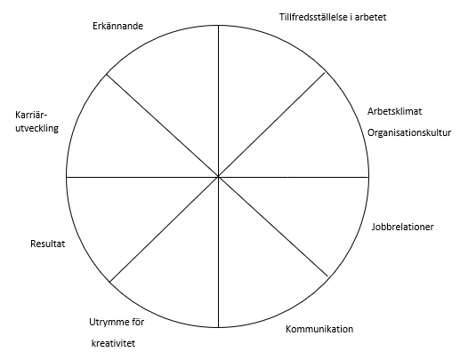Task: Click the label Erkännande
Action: [118, 27]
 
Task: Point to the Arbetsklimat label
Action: [394, 111]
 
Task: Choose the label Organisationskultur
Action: [409, 132]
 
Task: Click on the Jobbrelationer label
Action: [403, 227]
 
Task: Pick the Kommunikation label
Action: [319, 329]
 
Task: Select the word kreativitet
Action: [113, 343]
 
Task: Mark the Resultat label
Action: [48, 244]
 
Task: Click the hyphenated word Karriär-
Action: [31, 115]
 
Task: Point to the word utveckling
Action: [37, 129]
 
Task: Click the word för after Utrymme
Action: [138, 322]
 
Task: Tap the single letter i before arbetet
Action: [351, 17]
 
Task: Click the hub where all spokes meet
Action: [219, 177]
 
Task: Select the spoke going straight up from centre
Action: [219, 101]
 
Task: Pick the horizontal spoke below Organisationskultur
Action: [294, 177]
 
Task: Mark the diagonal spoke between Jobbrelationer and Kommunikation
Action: [273, 227]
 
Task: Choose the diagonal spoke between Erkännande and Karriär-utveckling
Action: [163, 125]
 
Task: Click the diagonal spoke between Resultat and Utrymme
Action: [165, 229]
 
